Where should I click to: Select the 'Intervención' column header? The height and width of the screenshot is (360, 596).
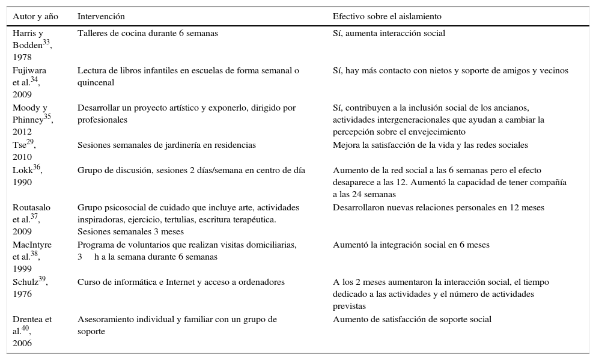point(101,16)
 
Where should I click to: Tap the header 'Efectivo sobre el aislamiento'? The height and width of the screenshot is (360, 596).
point(387,16)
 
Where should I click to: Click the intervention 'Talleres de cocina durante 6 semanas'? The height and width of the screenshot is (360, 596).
point(148,34)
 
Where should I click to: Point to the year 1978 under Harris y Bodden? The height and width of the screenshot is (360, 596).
point(22,57)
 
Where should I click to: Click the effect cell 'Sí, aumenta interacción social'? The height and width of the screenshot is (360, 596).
point(389,34)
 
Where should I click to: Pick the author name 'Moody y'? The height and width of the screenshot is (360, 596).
point(28,108)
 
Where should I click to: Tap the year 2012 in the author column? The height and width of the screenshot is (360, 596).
point(22,132)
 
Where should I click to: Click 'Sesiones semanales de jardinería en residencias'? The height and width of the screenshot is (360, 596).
point(166,145)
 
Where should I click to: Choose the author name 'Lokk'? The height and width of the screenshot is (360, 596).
point(22,171)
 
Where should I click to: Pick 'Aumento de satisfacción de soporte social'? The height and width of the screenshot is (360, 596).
point(412,320)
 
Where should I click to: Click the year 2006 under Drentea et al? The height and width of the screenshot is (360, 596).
point(22,343)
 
